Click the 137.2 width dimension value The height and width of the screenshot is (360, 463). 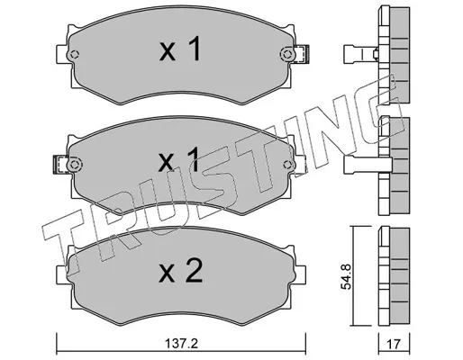point(181,344)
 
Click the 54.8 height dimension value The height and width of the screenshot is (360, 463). point(346,276)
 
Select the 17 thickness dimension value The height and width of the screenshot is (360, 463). point(394,344)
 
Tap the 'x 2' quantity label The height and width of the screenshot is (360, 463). point(181,271)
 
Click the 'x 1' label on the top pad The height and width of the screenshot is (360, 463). point(179,49)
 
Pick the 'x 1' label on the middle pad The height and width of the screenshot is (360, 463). point(179,159)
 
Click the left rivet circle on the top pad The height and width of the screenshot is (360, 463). point(74,55)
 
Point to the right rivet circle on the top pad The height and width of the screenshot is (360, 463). point(287,55)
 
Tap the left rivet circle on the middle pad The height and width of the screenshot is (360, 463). point(74,165)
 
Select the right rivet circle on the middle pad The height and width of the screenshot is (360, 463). point(287,165)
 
